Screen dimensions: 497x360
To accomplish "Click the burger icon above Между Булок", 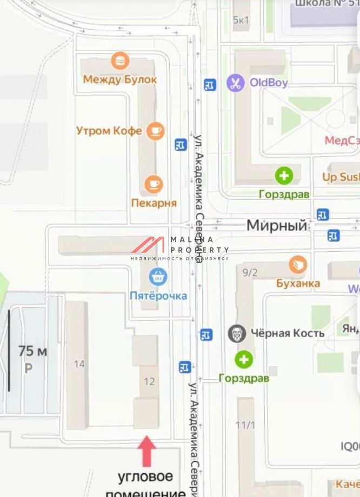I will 119,60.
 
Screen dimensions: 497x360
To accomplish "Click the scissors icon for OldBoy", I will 235,83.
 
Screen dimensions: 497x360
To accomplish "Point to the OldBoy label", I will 268,83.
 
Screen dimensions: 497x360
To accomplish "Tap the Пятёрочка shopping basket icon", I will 158,278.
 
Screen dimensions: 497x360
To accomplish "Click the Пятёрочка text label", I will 158,295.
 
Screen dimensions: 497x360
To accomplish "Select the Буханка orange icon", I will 298,265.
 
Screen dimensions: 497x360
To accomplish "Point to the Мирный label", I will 276,225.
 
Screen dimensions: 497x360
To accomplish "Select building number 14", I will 79,364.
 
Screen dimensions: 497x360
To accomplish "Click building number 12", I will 149,381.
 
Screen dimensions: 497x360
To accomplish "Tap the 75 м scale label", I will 32,351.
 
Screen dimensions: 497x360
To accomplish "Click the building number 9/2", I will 250,272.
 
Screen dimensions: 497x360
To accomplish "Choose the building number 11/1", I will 245,425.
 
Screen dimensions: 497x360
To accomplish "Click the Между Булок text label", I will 119,79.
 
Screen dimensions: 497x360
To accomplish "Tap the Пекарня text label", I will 154,203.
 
